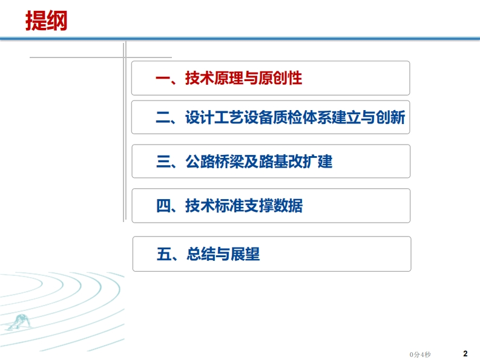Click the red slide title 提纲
[46, 21]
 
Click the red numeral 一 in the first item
[163, 78]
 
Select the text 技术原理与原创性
[244, 78]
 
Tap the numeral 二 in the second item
[163, 117]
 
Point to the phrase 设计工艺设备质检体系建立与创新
[295, 117]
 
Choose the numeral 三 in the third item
[163, 162]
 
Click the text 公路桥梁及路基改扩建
[258, 162]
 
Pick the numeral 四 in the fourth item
[163, 205]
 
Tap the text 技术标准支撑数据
[244, 205]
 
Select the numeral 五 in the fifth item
[164, 254]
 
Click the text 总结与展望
[223, 254]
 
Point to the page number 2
[465, 353]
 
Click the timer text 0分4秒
[420, 355]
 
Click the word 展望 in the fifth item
[246, 254]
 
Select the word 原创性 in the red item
[280, 78]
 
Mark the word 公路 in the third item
[200, 162]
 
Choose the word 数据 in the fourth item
[288, 205]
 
